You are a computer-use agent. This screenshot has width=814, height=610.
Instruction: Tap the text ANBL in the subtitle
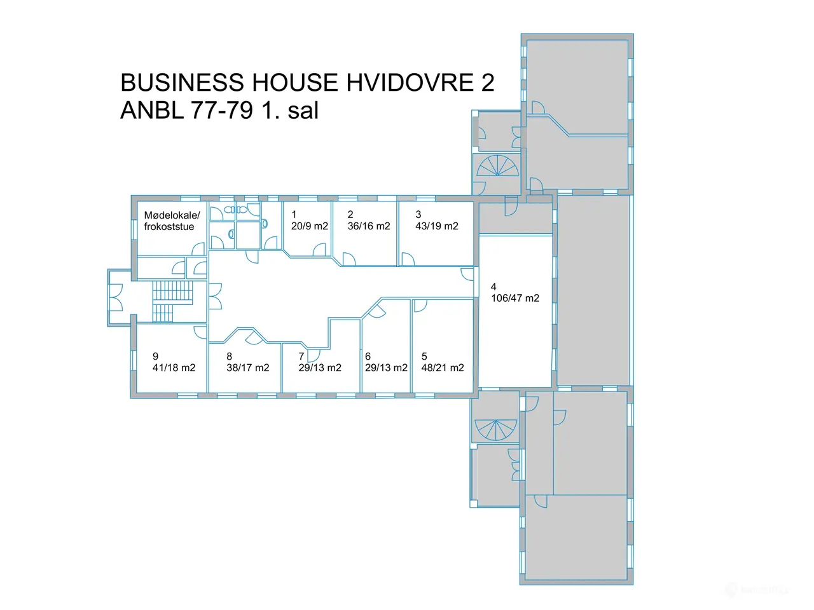coord(152,110)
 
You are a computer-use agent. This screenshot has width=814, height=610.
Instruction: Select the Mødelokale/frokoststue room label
coord(172,220)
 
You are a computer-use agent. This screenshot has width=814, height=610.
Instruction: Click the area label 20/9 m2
coord(310,226)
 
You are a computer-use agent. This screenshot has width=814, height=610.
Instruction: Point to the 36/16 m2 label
coord(369,226)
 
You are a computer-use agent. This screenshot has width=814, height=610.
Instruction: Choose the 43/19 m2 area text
coord(437,226)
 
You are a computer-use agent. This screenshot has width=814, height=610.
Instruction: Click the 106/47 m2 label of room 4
coord(515,298)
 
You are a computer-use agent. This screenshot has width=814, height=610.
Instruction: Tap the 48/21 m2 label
coord(443,368)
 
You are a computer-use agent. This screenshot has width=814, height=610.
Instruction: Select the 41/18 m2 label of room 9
coord(174,368)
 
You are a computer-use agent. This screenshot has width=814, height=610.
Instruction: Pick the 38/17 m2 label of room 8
coord(248,368)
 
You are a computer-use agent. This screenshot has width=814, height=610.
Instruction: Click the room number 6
coord(368,356)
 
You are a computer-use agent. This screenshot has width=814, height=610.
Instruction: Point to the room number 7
coord(301,356)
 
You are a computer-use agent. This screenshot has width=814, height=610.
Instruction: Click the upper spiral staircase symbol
coord(497,166)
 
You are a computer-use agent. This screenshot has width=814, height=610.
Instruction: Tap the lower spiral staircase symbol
coord(496,430)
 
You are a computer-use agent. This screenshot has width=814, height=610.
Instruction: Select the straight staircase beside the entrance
coord(173,301)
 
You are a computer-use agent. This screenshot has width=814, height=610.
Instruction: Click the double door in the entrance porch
coord(116,297)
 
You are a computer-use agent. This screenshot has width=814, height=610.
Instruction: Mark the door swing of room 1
coord(319,249)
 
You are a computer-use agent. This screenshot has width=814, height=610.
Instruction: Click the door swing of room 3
coord(408,259)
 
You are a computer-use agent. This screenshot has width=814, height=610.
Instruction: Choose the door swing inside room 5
coord(420,306)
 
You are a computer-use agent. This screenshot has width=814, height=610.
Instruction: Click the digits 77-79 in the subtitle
coord(222,110)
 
